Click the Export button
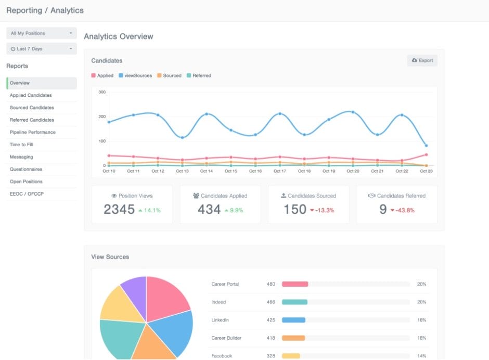coord(422,60)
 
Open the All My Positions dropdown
coord(42,33)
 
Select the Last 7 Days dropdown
coord(42,49)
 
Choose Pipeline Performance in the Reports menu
coord(32,132)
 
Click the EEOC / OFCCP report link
coord(26,194)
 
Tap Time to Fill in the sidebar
coord(21,145)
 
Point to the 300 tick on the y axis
coord(102,92)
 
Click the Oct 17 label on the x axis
coord(279,171)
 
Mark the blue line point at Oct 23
coord(426,146)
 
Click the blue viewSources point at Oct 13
coord(182,137)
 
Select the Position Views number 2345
coord(119,210)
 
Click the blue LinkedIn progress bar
coord(293,320)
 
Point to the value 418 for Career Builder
coord(271,338)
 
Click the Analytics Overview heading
coord(119,36)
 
